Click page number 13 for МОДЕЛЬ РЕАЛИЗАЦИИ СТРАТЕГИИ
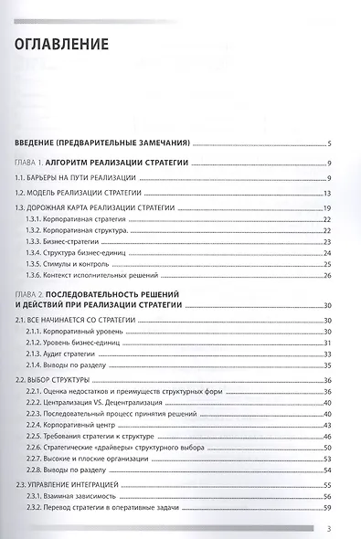pos(325,193)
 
